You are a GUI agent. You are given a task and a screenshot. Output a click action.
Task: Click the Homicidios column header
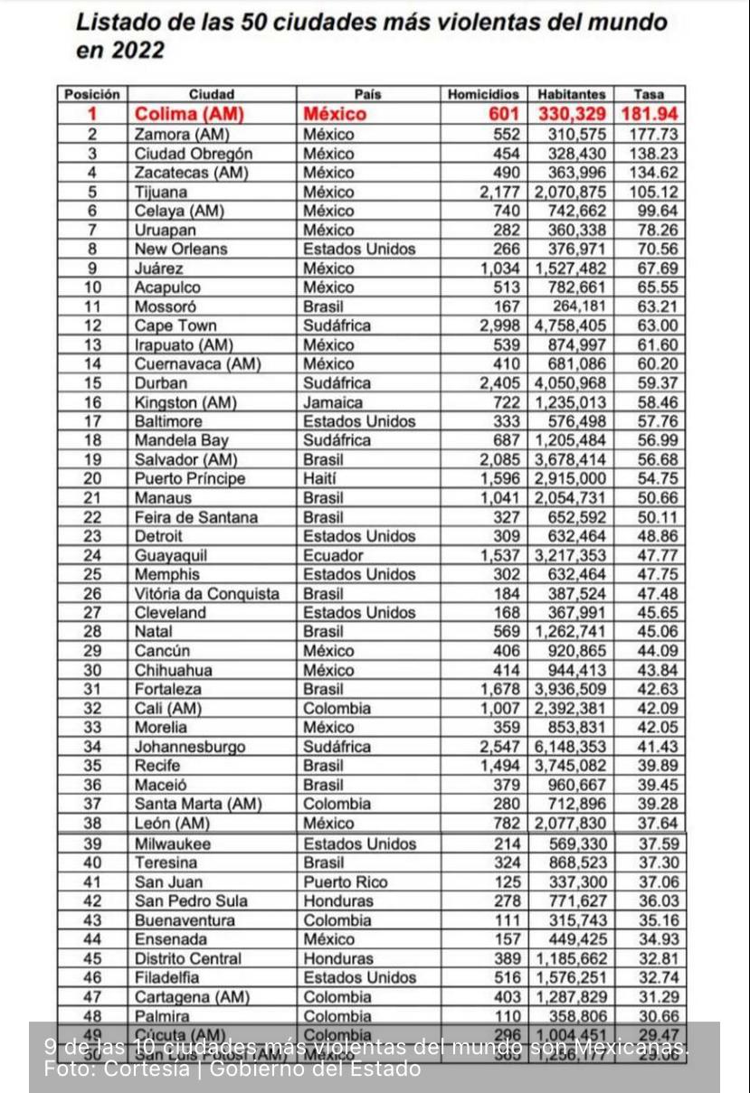click(x=484, y=94)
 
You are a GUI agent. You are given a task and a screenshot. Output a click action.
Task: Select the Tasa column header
click(x=648, y=94)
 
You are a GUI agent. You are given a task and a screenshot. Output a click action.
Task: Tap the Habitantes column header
click(x=571, y=94)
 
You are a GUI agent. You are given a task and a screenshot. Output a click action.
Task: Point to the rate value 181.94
click(x=650, y=114)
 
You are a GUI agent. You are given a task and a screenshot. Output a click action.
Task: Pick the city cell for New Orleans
click(x=181, y=249)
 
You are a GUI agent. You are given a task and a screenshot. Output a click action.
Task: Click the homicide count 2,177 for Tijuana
click(x=500, y=192)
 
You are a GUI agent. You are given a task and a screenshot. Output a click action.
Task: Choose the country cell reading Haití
click(x=323, y=479)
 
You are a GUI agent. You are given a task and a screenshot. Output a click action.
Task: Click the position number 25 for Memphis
click(x=92, y=574)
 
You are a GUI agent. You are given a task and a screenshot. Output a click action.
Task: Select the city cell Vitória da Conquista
click(x=207, y=594)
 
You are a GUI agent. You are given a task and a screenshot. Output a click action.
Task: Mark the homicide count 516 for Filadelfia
click(x=508, y=977)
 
